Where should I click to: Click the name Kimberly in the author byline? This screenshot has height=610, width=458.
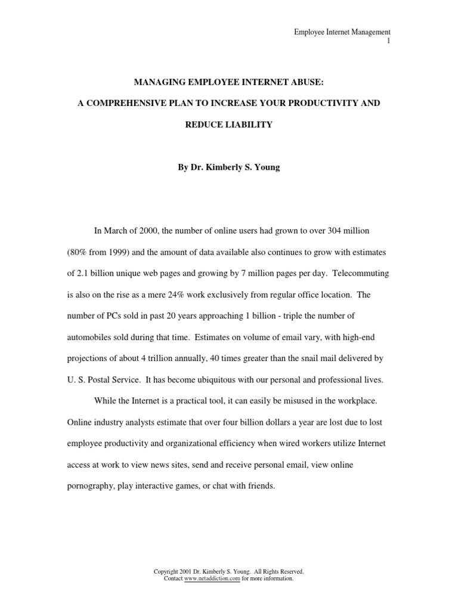pos(224,167)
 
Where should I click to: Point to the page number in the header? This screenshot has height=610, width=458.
pos(388,41)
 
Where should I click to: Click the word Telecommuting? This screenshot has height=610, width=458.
pos(361,273)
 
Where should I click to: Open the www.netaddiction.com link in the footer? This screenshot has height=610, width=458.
pos(212,578)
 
